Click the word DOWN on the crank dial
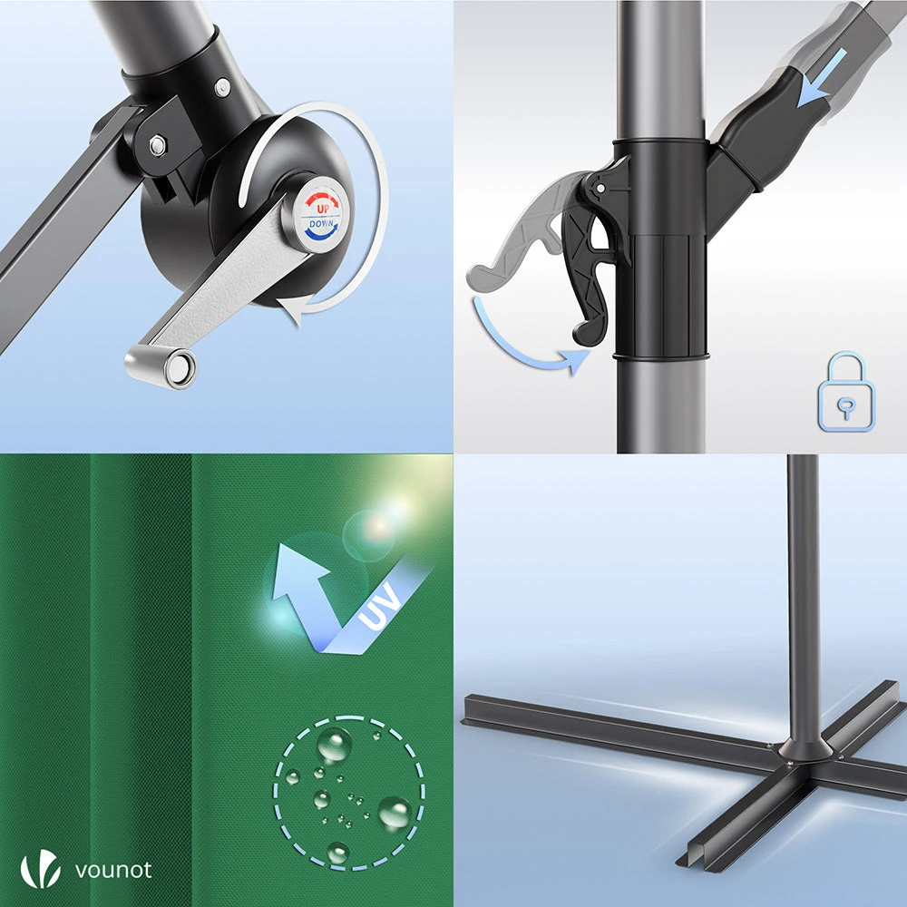321,223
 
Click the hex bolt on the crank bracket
157,144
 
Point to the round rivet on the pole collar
222,87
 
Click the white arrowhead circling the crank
292,309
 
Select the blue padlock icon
845,392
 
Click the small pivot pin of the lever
601,188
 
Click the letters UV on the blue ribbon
379,606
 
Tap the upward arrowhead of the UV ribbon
297,570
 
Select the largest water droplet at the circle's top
335,745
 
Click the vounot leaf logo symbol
41,869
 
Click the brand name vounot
113,870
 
